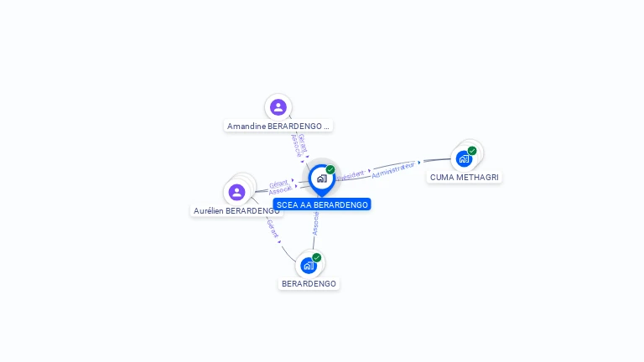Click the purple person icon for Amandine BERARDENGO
pos(278,107)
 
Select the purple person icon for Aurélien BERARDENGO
pos(237,193)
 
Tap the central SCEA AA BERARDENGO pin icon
pos(321,178)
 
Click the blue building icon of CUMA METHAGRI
pos(464,158)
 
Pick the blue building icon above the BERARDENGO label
pos(309,266)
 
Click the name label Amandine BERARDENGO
pos(278,126)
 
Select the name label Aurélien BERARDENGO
pos(236,211)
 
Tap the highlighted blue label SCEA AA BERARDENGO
pos(322,204)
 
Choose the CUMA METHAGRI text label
pos(465,178)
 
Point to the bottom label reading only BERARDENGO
pos(309,284)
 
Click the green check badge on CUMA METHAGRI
pos(472,151)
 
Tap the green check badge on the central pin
pos(330,170)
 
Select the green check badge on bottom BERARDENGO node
pos(317,257)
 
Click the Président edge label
pos(351,175)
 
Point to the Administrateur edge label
pos(393,169)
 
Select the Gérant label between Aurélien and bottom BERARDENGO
pos(273,228)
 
